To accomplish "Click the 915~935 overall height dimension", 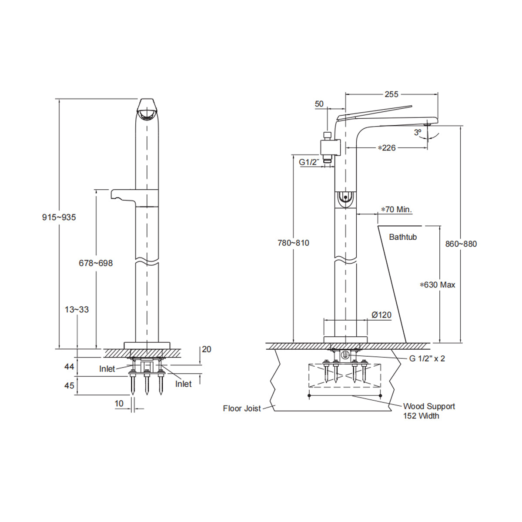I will [x=59, y=217].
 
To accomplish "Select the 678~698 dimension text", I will [x=96, y=263].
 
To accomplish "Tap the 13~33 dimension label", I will [x=77, y=310].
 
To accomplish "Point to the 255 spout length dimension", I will [x=391, y=94].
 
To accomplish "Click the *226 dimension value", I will [x=387, y=148].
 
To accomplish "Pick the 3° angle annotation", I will [x=418, y=132].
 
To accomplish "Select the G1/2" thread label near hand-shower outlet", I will [x=309, y=162].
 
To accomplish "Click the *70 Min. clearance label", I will [x=396, y=210].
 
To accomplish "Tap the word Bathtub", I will [x=403, y=237].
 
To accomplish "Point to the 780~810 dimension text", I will [x=293, y=243].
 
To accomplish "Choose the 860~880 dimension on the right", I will [x=461, y=244].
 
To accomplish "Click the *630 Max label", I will [x=437, y=285].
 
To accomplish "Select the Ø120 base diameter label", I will [x=381, y=315].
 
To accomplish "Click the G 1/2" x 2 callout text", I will [x=427, y=358].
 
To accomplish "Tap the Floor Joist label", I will [x=242, y=408].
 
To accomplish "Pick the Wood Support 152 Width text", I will [x=428, y=411].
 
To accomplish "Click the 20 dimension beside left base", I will [x=206, y=349].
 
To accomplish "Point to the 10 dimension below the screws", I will [x=119, y=404].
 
